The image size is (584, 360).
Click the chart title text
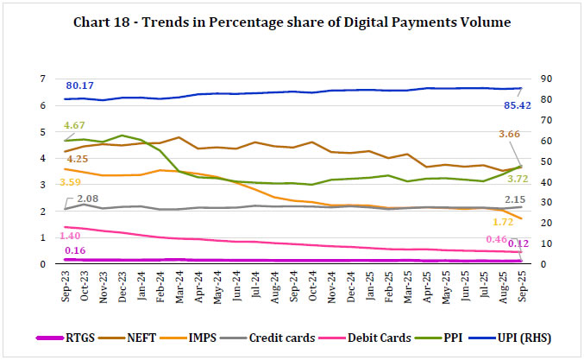292,20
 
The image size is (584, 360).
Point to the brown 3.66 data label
506,134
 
